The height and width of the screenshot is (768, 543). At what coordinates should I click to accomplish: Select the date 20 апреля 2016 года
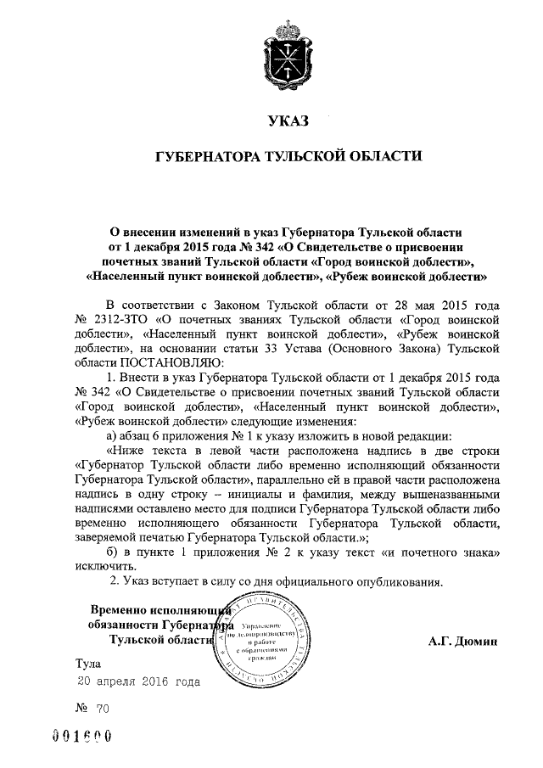[x=139, y=681]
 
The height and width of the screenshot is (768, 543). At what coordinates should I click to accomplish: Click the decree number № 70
[x=93, y=705]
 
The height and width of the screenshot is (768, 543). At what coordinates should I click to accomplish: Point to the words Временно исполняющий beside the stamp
[x=160, y=610]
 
